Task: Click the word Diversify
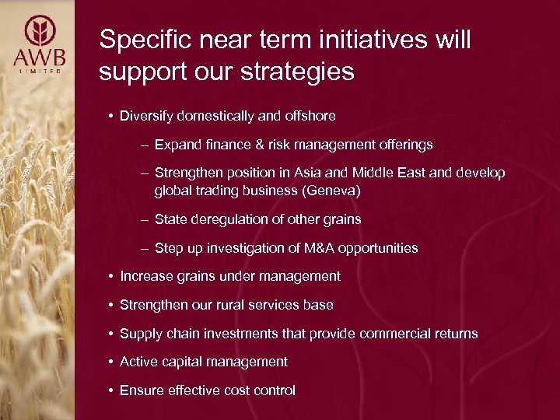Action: click(x=146, y=116)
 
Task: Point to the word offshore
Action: click(x=309, y=116)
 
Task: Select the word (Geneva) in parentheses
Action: click(x=335, y=191)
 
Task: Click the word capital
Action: click(x=180, y=362)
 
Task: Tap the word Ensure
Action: click(x=141, y=390)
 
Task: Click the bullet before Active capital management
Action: click(x=112, y=362)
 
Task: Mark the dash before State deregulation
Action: click(x=145, y=219)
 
